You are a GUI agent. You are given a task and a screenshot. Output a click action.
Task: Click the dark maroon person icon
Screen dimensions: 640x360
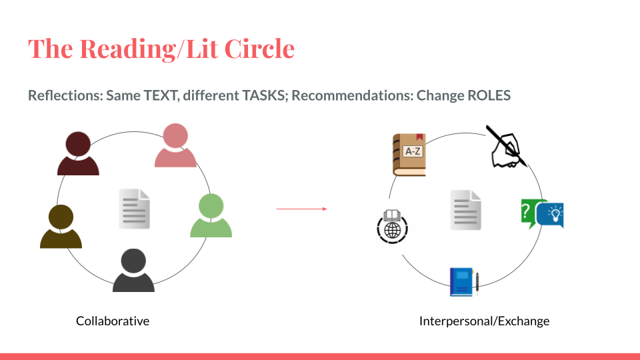point(78,153)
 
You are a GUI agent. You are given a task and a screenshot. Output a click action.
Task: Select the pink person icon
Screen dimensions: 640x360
point(175,145)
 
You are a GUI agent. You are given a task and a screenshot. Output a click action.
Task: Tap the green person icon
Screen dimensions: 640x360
point(211,215)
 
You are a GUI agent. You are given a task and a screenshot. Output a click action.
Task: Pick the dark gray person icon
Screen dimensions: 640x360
point(133,270)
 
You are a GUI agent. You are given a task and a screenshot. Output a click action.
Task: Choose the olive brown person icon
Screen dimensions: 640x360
point(61,227)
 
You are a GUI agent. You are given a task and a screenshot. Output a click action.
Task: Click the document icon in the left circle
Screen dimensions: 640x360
point(134,209)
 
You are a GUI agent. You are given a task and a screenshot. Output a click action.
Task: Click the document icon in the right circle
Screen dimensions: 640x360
point(466,210)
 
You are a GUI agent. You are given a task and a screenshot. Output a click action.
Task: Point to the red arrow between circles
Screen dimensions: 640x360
point(301,209)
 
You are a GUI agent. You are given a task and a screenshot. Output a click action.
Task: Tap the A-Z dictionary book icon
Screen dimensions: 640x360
point(409,155)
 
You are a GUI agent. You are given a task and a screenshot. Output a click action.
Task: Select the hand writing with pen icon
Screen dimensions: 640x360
point(507,147)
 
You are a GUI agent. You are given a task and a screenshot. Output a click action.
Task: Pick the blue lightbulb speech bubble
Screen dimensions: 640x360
point(551,215)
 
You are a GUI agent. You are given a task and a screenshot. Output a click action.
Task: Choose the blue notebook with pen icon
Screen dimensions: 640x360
point(464,281)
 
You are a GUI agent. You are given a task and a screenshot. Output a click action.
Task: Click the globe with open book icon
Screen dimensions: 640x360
point(392,227)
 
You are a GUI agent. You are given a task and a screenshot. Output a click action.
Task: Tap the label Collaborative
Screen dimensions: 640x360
point(113,321)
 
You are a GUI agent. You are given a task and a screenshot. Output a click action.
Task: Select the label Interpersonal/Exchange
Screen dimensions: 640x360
point(485,321)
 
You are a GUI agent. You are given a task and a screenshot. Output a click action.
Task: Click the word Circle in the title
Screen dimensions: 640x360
point(259,49)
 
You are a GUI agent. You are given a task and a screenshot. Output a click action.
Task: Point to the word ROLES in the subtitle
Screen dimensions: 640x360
point(489,95)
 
